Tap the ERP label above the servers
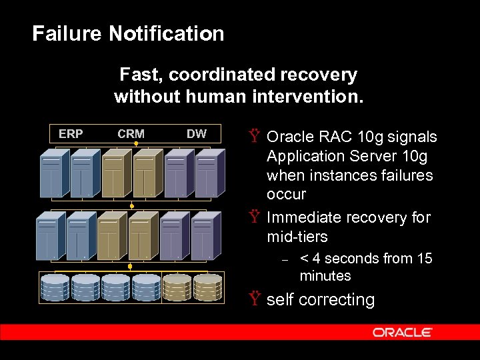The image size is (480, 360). click(x=71, y=134)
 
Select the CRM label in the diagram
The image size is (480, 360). click(x=131, y=134)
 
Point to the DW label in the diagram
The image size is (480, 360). click(x=196, y=134)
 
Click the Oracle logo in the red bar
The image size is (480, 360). click(x=402, y=332)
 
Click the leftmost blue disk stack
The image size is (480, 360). click(x=55, y=287)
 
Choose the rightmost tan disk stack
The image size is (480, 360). click(x=208, y=287)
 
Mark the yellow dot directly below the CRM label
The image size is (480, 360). click(x=135, y=143)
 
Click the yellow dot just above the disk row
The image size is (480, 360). click(x=130, y=266)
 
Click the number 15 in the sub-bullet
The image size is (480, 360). click(x=424, y=259)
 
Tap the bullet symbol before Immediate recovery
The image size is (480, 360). click(x=254, y=218)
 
